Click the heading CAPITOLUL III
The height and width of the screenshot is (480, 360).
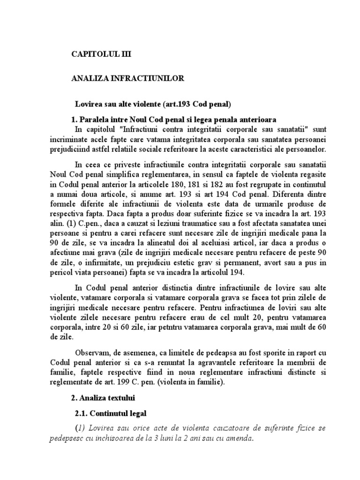tap(101, 54)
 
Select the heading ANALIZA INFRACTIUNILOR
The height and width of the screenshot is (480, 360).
tap(128, 79)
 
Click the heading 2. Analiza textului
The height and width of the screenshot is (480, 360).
tap(105, 398)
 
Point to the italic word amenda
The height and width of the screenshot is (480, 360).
tap(239, 440)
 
